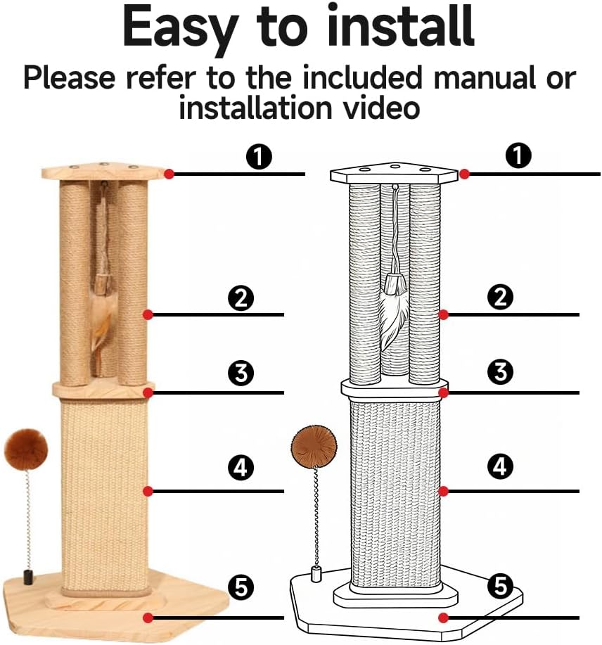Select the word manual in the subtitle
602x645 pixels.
(487, 77)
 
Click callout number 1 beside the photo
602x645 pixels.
(260, 157)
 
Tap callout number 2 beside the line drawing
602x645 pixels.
(500, 298)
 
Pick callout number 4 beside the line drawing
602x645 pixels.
(500, 466)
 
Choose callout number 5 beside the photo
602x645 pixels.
(241, 587)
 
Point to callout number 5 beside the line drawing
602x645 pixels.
(500, 585)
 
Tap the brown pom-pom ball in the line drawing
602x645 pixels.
(314, 446)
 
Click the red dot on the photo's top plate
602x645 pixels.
(169, 174)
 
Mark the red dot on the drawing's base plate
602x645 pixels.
(443, 618)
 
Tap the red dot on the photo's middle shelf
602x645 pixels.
(148, 392)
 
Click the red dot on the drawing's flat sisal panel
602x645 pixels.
(443, 490)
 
